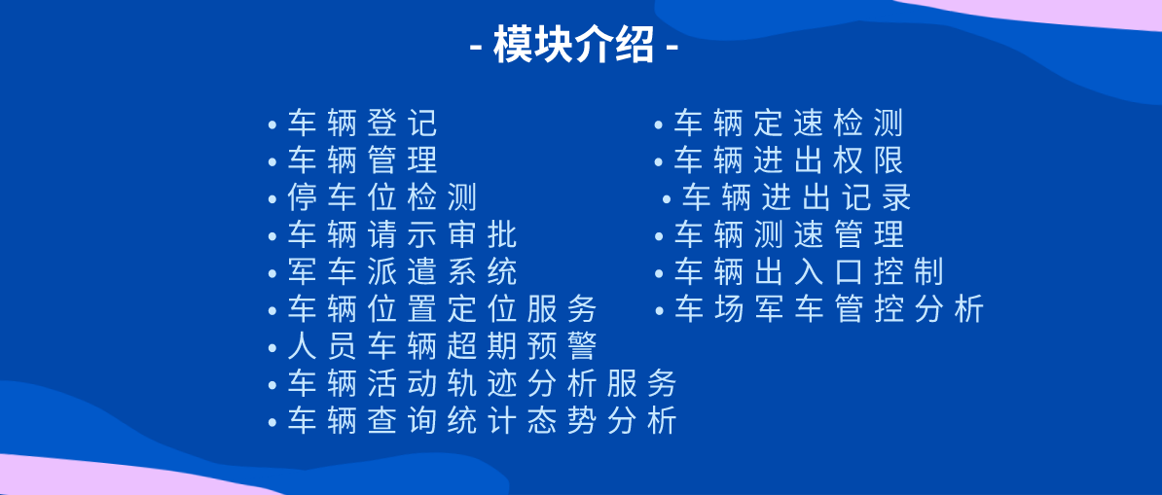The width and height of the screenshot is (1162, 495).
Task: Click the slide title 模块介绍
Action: coord(573,46)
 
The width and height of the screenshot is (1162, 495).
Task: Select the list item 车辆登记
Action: coord(362,124)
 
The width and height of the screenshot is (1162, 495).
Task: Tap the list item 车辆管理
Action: coord(362,160)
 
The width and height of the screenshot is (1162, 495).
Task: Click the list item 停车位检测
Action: coord(382,197)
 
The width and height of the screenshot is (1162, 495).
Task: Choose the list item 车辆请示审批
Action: coord(402,234)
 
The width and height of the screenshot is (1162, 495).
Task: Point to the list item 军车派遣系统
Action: coord(402,271)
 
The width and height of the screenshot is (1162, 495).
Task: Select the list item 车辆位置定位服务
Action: coord(442,309)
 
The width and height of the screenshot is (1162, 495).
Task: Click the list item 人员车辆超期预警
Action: coord(442,346)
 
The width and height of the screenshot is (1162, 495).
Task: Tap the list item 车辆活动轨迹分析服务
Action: coord(482,383)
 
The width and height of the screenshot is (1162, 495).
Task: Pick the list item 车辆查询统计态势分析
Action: coord(482,420)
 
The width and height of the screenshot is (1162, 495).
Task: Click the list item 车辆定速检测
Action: coord(788,124)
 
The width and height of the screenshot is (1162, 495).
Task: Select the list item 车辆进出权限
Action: coord(788,160)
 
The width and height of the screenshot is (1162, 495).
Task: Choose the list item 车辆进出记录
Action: coord(796,197)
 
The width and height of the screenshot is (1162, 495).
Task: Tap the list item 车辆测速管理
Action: coord(788,234)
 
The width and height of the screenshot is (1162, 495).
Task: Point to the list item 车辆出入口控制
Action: coord(809,271)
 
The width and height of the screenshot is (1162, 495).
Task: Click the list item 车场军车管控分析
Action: coord(829,309)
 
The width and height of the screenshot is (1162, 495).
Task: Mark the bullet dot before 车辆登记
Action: coord(272,125)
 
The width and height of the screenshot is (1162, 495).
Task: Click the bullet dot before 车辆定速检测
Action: coord(659,125)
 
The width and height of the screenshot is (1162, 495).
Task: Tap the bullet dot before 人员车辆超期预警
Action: coord(272,348)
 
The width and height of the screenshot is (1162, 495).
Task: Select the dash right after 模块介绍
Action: coord(672,48)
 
